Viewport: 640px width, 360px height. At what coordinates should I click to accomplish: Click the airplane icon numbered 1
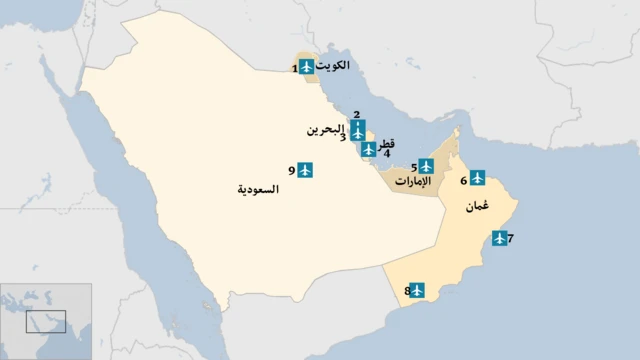click(307, 67)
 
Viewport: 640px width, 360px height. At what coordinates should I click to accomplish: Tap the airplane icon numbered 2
click(357, 130)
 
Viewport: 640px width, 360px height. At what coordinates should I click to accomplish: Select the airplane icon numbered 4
click(369, 149)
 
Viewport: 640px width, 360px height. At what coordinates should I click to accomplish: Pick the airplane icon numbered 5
click(426, 166)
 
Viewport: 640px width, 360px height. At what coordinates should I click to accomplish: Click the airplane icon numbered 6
click(477, 178)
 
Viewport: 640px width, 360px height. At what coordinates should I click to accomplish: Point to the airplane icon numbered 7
click(498, 239)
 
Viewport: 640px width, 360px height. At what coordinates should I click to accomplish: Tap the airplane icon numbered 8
click(417, 290)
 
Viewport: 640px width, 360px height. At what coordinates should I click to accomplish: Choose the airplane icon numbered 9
click(306, 171)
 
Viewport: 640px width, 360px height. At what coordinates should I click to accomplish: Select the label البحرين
click(324, 130)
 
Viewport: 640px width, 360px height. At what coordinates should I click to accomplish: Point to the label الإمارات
click(413, 182)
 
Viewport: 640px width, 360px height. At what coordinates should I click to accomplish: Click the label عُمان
click(477, 207)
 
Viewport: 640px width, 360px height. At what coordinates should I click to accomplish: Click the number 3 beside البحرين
click(343, 138)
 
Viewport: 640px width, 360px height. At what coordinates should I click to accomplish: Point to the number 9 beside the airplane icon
click(291, 171)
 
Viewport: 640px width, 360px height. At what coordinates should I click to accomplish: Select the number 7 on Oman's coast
click(510, 239)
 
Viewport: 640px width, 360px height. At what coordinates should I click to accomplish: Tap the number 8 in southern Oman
click(407, 291)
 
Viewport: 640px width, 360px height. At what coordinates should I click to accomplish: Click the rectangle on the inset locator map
click(46, 321)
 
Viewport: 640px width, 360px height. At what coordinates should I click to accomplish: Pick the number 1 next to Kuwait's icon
click(294, 68)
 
